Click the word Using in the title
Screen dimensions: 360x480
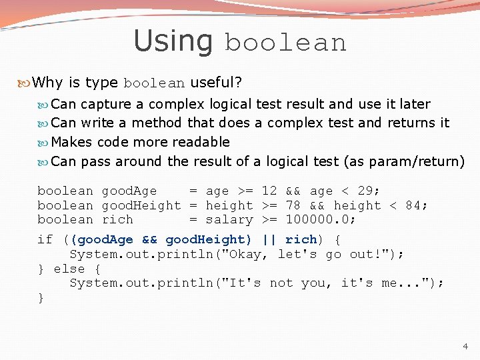pyautogui.click(x=173, y=41)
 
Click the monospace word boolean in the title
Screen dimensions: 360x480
pyautogui.click(x=286, y=43)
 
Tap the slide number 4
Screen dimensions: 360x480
pyautogui.click(x=465, y=346)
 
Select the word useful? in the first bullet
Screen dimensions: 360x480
pyautogui.click(x=216, y=83)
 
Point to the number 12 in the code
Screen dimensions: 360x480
pyautogui.click(x=269, y=191)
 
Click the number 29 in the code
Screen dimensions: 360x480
pyautogui.click(x=365, y=191)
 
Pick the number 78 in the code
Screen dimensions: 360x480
pyautogui.click(x=293, y=205)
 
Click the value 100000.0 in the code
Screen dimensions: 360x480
pyautogui.click(x=317, y=219)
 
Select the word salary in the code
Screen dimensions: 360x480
pyautogui.click(x=229, y=219)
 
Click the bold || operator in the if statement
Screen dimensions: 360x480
pyautogui.click(x=269, y=239)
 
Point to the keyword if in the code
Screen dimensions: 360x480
pyautogui.click(x=45, y=239)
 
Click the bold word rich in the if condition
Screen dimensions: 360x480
pyautogui.click(x=301, y=239)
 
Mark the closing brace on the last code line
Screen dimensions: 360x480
pyautogui.click(x=41, y=297)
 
